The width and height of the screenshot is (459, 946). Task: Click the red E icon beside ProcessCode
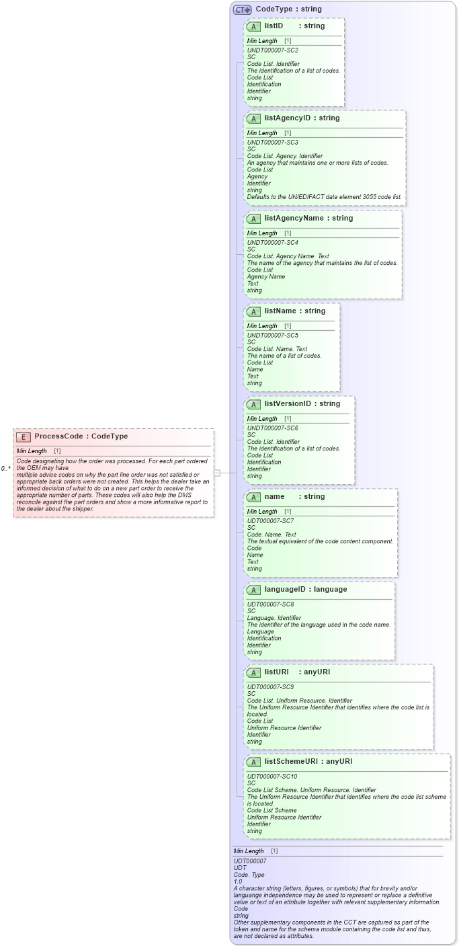24,436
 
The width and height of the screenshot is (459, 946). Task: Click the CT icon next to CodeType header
242,9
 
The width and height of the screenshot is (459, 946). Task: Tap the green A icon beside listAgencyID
253,118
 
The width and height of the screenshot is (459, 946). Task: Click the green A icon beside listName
253,311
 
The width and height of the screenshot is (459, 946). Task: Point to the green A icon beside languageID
253,590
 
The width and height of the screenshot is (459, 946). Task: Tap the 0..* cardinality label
6,468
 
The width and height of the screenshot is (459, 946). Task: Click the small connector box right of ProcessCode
217,473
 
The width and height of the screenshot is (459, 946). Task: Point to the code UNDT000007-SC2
272,50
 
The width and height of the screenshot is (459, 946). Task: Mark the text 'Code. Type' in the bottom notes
249,874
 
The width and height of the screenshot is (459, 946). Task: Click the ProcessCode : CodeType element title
81,436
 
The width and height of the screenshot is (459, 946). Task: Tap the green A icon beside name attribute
253,497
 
